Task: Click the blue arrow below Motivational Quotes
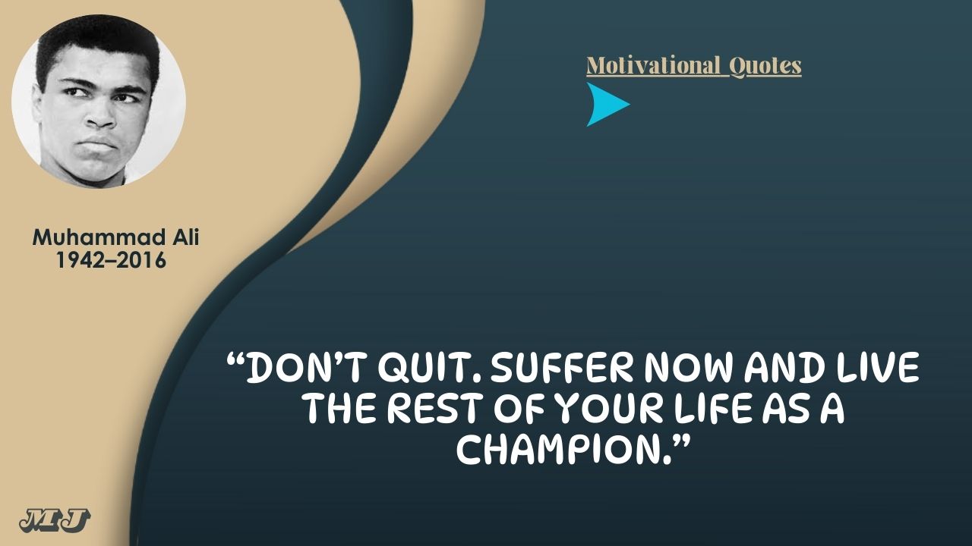(x=605, y=105)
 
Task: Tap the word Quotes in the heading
(x=765, y=67)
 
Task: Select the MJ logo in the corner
(x=55, y=520)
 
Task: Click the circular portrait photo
(x=99, y=102)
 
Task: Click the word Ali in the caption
(x=186, y=237)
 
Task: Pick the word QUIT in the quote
(x=427, y=369)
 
